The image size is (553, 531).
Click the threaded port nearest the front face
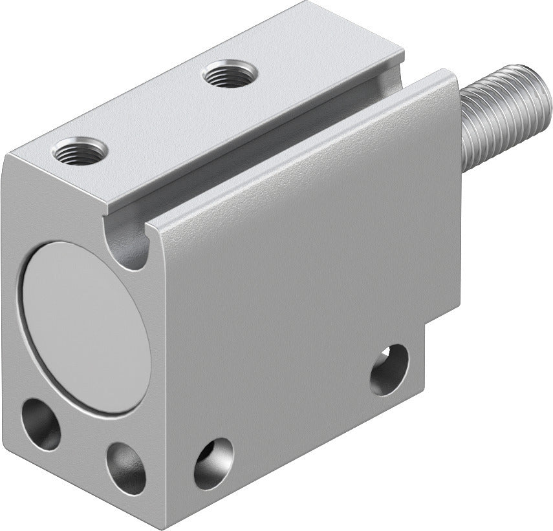80,152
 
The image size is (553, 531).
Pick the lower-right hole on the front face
126,467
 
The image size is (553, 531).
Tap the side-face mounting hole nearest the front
213,463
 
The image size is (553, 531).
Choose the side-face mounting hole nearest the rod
389,369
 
